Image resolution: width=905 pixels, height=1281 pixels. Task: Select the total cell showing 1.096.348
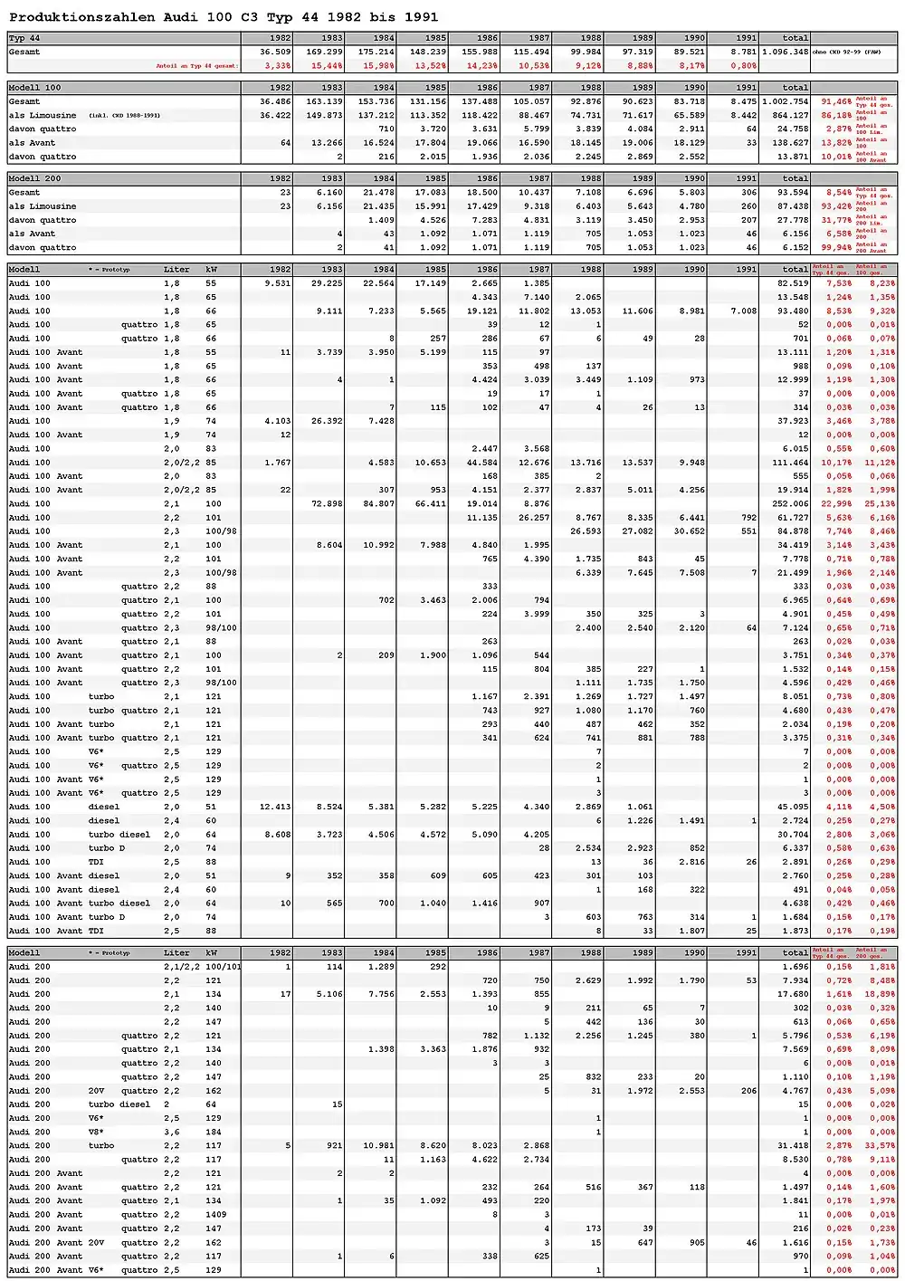click(786, 52)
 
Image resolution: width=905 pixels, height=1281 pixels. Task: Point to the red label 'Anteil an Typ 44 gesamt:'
click(197, 66)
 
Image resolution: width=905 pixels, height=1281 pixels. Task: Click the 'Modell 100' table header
click(35, 88)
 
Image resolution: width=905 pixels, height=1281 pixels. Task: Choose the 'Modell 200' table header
click(35, 178)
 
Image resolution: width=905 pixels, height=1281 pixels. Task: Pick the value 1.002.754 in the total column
click(786, 101)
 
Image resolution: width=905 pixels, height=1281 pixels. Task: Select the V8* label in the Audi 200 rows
click(96, 1132)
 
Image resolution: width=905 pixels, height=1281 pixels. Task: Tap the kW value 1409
click(213, 1215)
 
